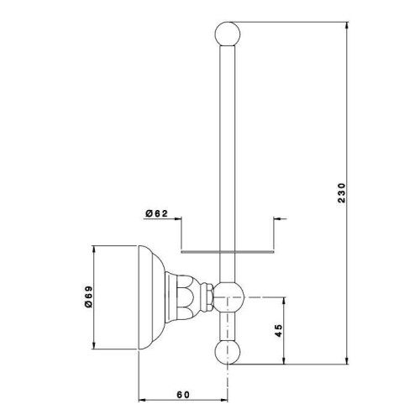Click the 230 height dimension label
342,193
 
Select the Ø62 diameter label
156,213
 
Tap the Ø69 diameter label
88,297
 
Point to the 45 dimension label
279,331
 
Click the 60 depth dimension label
183,395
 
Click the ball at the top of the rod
228,34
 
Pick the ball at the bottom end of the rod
228,352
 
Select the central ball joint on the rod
228,297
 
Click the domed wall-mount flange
152,297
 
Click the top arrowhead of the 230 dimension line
347,25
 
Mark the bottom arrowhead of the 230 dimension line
347,360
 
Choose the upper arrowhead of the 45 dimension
284,301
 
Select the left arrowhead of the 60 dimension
143,400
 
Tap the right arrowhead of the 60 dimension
223,400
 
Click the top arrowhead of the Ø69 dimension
94,249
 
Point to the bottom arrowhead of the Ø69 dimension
94,345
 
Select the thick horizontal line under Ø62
228,252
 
